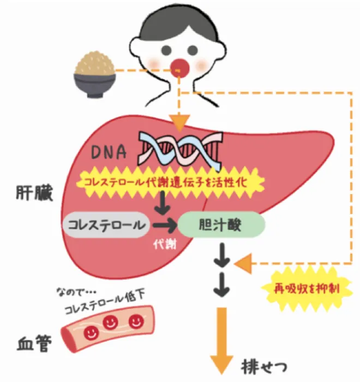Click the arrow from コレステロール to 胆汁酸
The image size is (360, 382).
point(164,224)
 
